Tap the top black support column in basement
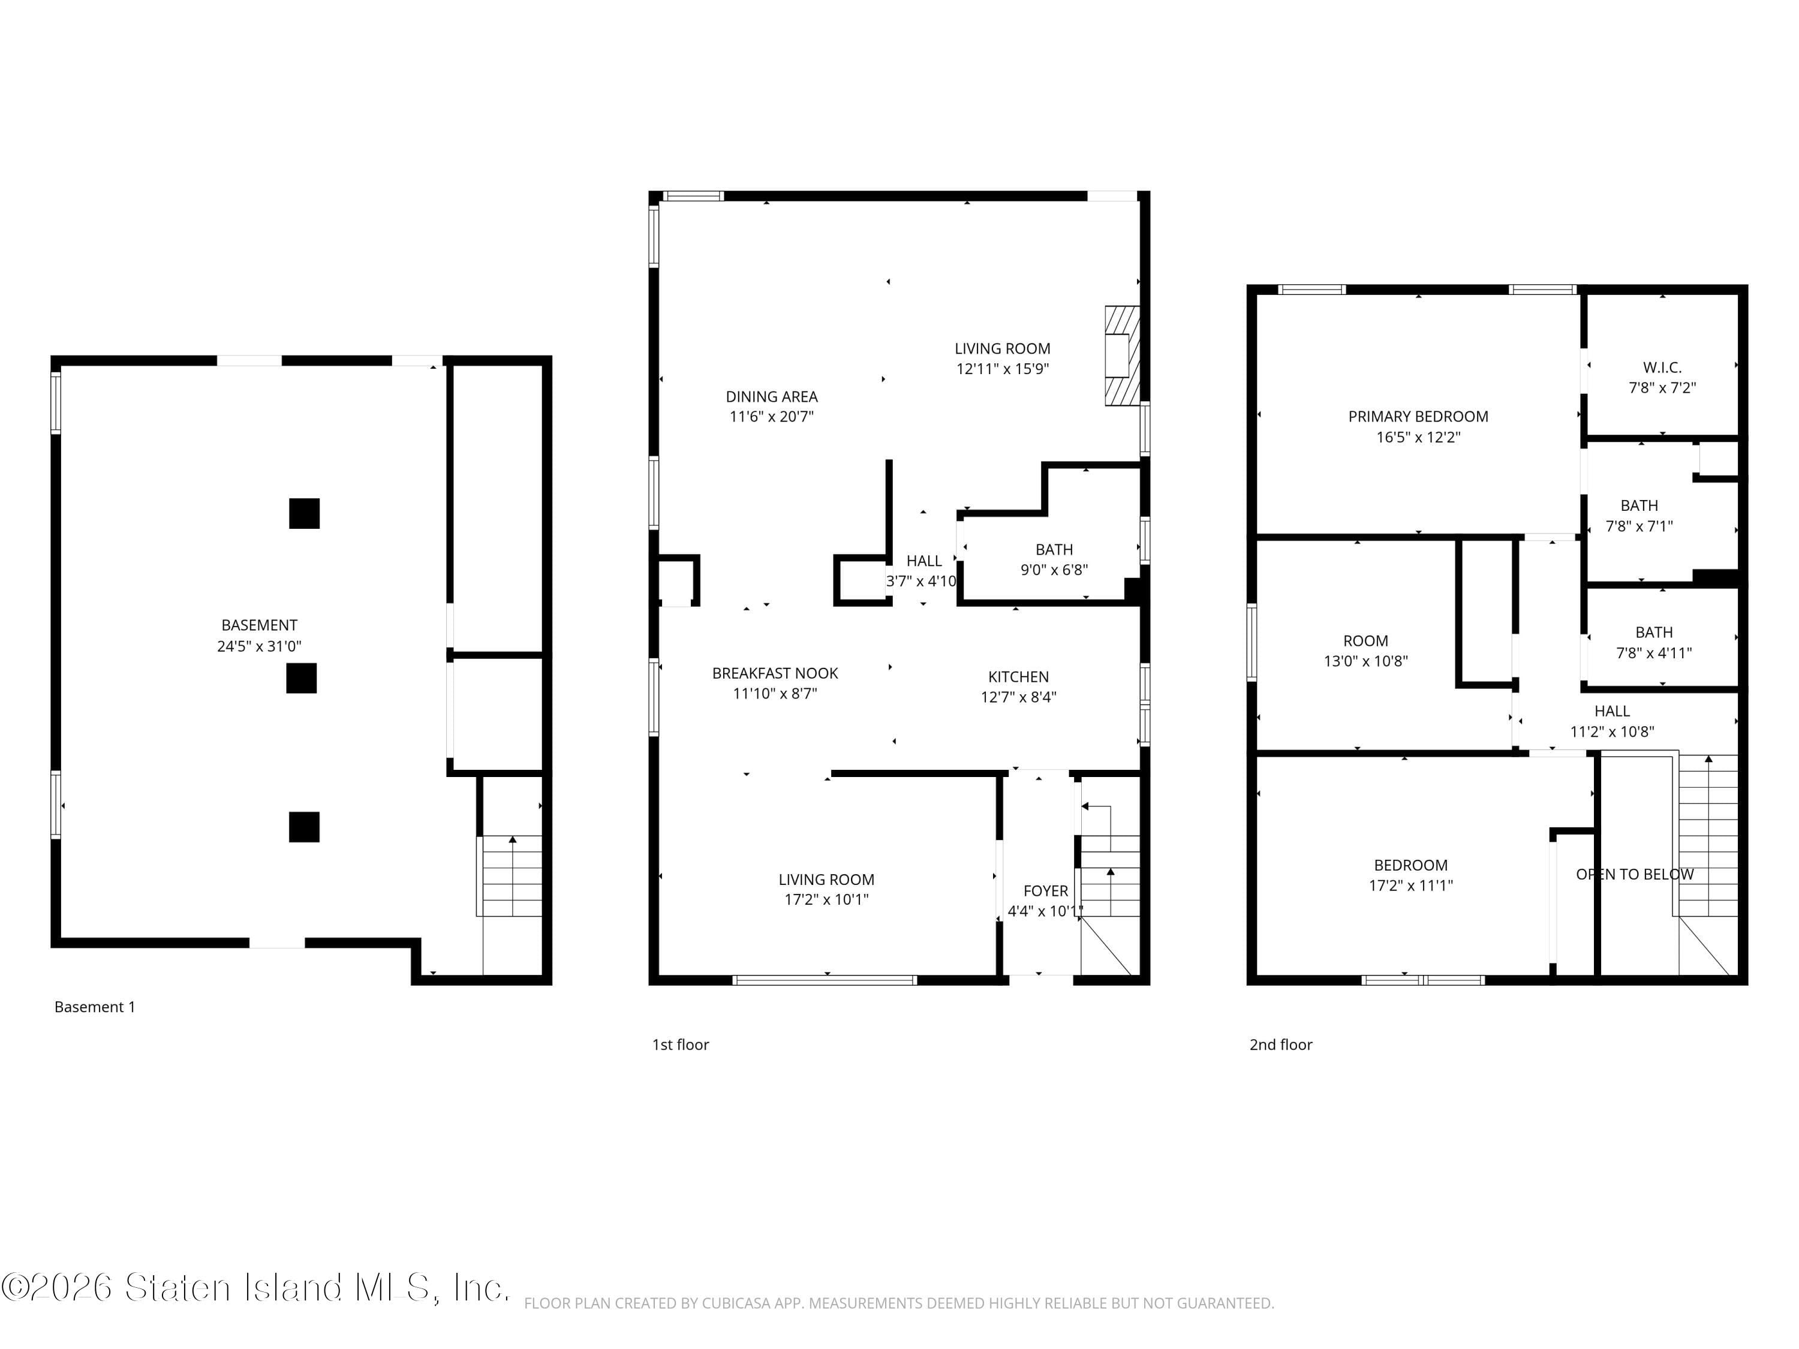pyautogui.click(x=304, y=513)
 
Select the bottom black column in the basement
pyautogui.click(x=304, y=826)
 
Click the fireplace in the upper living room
pyautogui.click(x=1121, y=356)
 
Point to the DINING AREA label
pyautogui.click(x=771, y=397)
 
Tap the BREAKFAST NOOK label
pyautogui.click(x=774, y=673)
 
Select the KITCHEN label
pyautogui.click(x=1018, y=676)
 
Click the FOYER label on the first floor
pyautogui.click(x=1045, y=891)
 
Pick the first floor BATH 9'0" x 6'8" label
pyautogui.click(x=1054, y=550)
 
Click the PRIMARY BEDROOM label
pyautogui.click(x=1418, y=416)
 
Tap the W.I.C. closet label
pyautogui.click(x=1662, y=368)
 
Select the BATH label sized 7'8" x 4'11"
pyautogui.click(x=1653, y=633)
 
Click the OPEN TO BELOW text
pyautogui.click(x=1634, y=874)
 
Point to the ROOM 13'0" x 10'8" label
pyautogui.click(x=1365, y=641)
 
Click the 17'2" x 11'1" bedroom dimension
pyautogui.click(x=1410, y=886)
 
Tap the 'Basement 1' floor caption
pyautogui.click(x=94, y=1007)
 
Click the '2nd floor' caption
pyautogui.click(x=1280, y=1045)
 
